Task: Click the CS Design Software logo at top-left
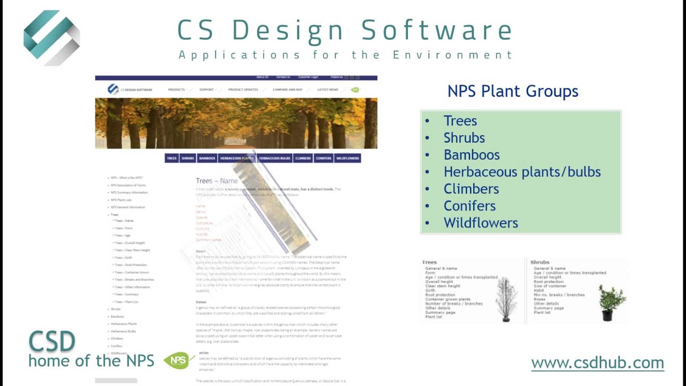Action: tap(51, 38)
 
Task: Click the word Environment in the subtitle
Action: tap(452, 55)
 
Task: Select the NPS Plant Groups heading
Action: tap(513, 91)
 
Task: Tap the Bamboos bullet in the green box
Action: tap(472, 155)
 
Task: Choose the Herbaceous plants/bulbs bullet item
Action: tap(522, 172)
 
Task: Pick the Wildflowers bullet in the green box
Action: tap(481, 223)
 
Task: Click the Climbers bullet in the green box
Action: tap(471, 189)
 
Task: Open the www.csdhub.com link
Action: tap(598, 363)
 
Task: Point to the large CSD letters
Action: tap(52, 342)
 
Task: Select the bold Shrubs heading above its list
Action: tap(540, 262)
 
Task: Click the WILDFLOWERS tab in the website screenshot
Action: tap(347, 158)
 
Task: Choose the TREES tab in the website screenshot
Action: tap(171, 158)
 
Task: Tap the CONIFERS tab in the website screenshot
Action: tap(324, 158)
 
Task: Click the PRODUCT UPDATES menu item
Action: tap(243, 90)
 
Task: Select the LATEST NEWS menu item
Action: tap(327, 90)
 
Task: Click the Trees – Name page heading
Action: tap(217, 181)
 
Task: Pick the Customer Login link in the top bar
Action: tap(308, 77)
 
